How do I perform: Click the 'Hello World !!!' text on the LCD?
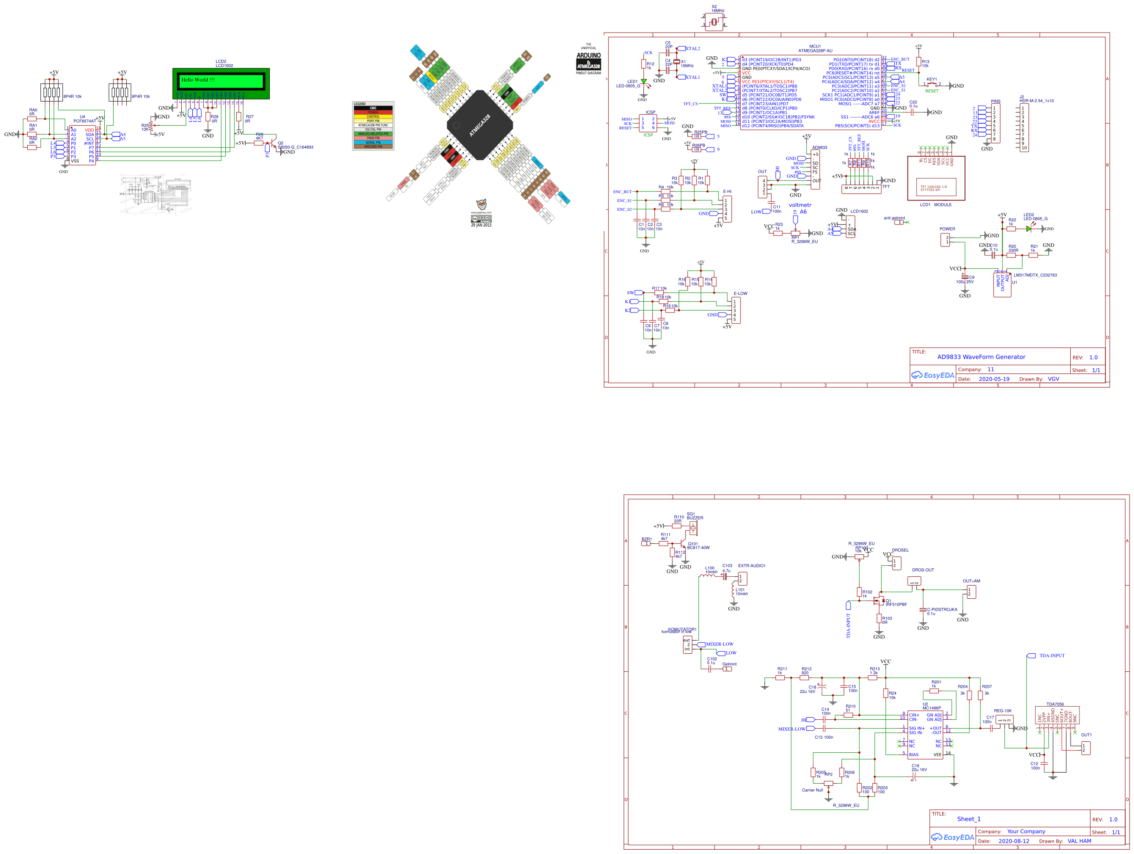click(x=198, y=80)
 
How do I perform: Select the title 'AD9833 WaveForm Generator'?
click(x=981, y=357)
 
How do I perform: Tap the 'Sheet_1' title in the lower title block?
click(x=969, y=819)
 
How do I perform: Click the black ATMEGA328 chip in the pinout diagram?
click(x=480, y=125)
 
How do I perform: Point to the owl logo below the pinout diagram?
click(x=481, y=205)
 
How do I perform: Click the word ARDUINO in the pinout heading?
click(x=588, y=55)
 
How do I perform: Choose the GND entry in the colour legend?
click(x=373, y=108)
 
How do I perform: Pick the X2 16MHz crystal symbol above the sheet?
click(x=714, y=22)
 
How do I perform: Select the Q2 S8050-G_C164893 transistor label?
click(x=295, y=147)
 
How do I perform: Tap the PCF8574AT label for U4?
click(x=84, y=121)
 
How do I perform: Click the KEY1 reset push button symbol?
click(x=932, y=85)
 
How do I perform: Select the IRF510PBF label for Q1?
click(x=896, y=605)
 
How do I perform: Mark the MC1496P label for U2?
click(x=932, y=708)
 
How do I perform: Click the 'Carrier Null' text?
click(x=812, y=790)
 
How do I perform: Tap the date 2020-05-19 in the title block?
click(x=994, y=379)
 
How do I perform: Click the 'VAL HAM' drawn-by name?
click(x=1079, y=841)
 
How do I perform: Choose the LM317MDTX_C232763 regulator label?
click(x=1035, y=275)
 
